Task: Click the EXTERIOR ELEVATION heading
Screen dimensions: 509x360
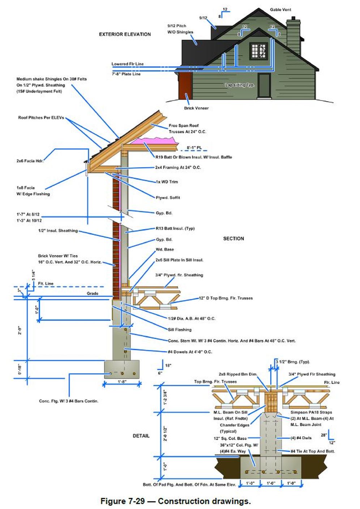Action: click(x=125, y=34)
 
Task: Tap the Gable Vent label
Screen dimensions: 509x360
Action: click(x=280, y=10)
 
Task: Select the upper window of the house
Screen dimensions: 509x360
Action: click(x=259, y=51)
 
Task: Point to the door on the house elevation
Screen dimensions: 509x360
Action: click(x=264, y=85)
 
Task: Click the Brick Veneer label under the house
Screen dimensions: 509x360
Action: click(x=196, y=108)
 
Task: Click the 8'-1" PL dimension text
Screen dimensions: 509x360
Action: click(x=194, y=148)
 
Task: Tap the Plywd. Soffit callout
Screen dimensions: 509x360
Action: click(x=168, y=198)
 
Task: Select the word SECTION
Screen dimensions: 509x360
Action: click(x=233, y=239)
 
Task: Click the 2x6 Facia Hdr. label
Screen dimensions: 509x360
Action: click(x=30, y=161)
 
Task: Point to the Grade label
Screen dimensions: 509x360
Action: click(x=93, y=294)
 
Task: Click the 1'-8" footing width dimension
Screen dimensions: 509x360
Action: click(x=122, y=382)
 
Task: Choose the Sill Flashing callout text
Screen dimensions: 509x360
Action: click(x=180, y=330)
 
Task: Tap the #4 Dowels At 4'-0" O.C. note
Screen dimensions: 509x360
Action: click(x=190, y=352)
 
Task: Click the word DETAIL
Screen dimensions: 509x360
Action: click(x=141, y=436)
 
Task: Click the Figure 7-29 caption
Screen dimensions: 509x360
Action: click(x=175, y=501)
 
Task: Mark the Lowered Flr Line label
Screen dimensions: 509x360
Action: click(x=128, y=64)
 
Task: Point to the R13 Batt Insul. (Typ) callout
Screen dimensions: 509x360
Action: click(x=175, y=228)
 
